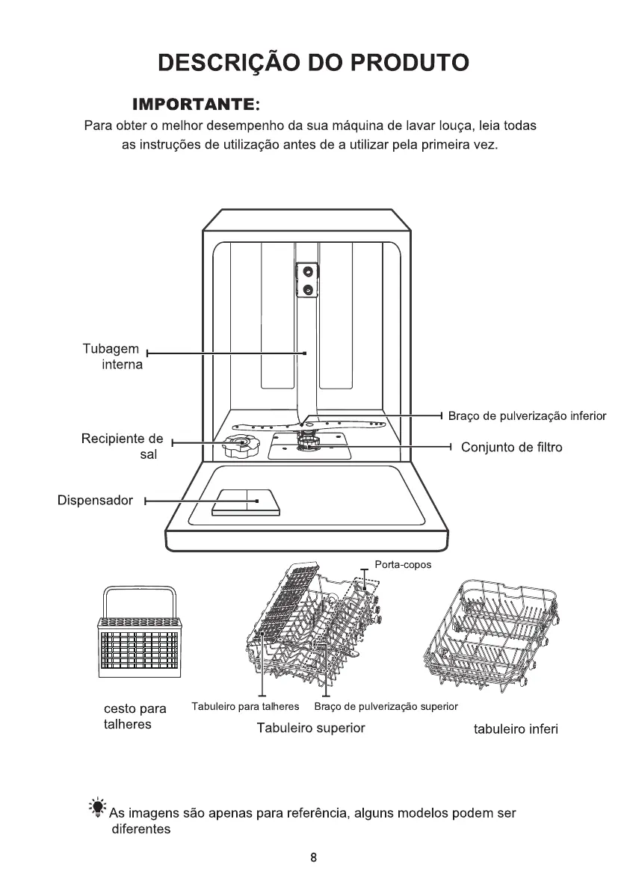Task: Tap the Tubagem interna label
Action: (111, 357)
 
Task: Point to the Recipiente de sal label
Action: (122, 446)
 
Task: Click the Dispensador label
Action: (95, 500)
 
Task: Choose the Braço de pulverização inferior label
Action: (527, 415)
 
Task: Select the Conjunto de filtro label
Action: (511, 447)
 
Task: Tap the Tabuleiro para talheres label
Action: (245, 706)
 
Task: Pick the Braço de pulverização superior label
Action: (386, 706)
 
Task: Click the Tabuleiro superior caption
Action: (311, 728)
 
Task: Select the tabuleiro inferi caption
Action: (516, 729)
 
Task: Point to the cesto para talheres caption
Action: (135, 717)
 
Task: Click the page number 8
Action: (314, 858)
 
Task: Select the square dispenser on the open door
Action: (247, 501)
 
